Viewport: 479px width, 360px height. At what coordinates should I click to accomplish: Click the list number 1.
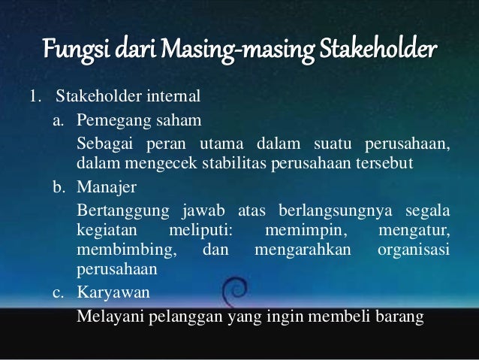[x=33, y=96]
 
